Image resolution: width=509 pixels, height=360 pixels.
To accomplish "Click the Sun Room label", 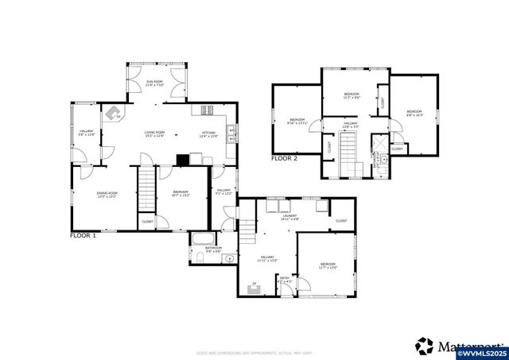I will tap(153, 83).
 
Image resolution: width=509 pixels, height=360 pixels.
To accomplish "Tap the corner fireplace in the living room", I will tap(114, 113).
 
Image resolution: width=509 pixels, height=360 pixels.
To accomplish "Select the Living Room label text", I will tap(153, 134).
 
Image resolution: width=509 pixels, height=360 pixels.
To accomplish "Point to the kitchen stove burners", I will tap(208, 110).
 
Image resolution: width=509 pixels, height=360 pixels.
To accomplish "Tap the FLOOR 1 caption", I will tap(83, 236).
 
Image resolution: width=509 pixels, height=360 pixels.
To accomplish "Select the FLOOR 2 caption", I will tap(284, 159).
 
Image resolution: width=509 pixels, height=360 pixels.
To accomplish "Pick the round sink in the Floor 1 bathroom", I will tap(228, 257).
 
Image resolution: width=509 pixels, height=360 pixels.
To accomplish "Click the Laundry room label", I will tap(289, 216).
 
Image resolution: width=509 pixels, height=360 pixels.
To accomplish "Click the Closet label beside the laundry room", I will tap(341, 221).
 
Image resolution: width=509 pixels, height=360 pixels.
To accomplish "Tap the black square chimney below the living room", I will tap(183, 159).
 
